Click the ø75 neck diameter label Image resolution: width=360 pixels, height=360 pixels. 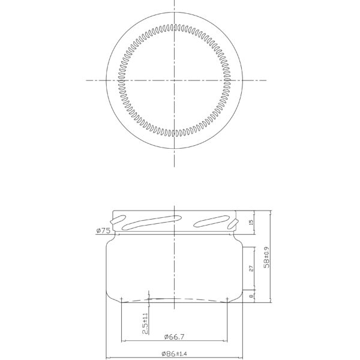point(102,230)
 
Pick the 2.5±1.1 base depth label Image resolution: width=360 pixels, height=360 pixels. point(145,323)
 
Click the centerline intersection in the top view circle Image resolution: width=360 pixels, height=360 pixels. point(174,80)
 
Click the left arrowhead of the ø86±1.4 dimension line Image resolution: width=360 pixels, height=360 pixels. point(108,359)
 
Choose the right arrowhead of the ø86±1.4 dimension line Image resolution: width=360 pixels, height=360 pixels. point(242,359)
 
